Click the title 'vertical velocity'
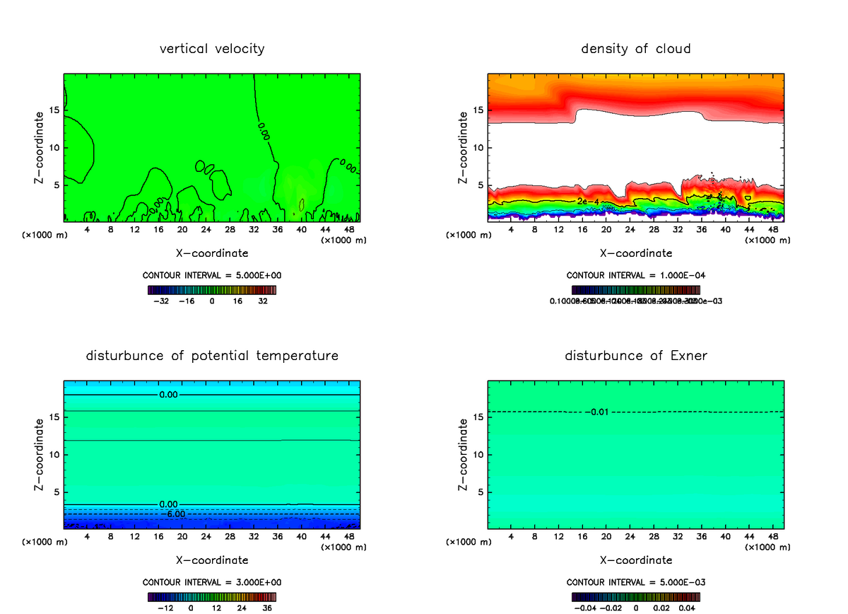point(212,49)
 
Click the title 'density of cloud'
point(635,49)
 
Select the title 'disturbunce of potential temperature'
point(212,356)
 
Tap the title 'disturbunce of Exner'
point(635,356)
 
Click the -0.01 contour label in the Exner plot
point(600,412)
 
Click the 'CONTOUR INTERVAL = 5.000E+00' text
point(212,275)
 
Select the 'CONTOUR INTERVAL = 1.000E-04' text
point(635,275)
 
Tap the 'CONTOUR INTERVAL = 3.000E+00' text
point(212,582)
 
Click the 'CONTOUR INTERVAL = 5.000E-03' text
point(635,582)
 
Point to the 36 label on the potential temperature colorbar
point(267,607)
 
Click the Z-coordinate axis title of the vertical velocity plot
point(40,149)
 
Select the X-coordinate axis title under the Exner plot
point(635,560)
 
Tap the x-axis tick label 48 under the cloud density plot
point(773,229)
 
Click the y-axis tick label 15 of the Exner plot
point(478,417)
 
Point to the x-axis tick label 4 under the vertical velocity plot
point(87,229)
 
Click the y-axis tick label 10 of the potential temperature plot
point(54,454)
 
